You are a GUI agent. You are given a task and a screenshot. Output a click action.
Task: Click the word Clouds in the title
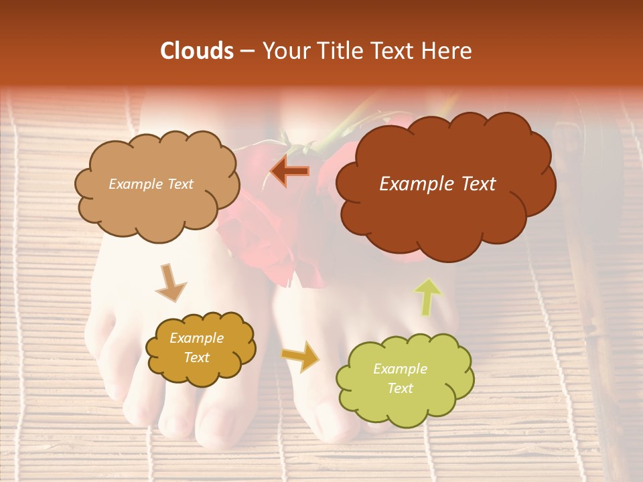pyautogui.click(x=197, y=51)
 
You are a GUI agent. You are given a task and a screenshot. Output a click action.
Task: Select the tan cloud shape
pyautogui.click(x=157, y=208)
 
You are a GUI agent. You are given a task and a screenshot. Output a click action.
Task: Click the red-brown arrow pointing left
pyautogui.click(x=290, y=172)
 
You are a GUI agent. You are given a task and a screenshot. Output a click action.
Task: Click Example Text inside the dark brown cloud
pyautogui.click(x=437, y=184)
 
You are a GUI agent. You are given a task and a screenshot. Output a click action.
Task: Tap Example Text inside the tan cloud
pyautogui.click(x=151, y=184)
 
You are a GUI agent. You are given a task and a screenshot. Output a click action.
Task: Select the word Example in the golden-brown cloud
pyautogui.click(x=196, y=338)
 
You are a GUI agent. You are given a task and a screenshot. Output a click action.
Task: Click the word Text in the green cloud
pyautogui.click(x=400, y=388)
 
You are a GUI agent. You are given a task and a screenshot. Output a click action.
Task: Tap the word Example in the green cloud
pyautogui.click(x=400, y=369)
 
